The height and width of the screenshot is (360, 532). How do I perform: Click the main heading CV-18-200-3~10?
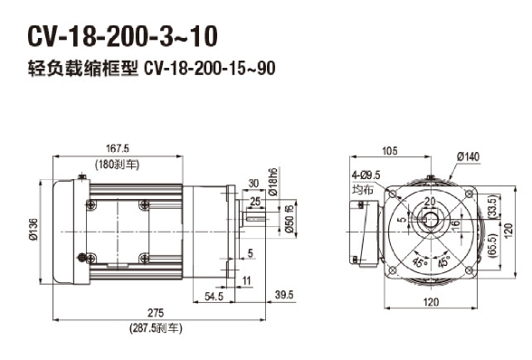pyautogui.click(x=122, y=36)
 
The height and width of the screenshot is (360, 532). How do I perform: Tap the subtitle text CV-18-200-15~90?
pyautogui.click(x=210, y=69)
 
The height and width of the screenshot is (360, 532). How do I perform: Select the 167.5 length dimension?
pyautogui.click(x=118, y=148)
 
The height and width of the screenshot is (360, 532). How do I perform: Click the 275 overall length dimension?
pyautogui.click(x=156, y=312)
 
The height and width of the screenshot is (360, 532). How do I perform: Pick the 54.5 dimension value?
pyautogui.click(x=214, y=297)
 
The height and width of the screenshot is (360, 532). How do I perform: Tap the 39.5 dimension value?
pyautogui.click(x=284, y=295)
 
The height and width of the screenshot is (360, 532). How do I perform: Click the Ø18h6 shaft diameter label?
pyautogui.click(x=273, y=182)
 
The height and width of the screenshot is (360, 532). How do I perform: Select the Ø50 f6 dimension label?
pyautogui.click(x=290, y=219)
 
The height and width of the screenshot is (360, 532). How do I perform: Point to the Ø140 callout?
pyautogui.click(x=469, y=156)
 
